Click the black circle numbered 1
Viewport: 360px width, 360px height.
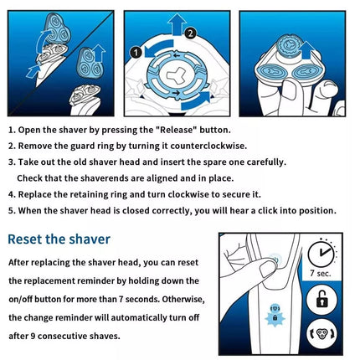136,53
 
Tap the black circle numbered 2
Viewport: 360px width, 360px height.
190,33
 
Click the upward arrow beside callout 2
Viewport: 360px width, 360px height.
177,24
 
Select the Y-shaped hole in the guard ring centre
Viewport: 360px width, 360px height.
176,76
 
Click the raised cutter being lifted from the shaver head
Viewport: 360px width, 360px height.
291,45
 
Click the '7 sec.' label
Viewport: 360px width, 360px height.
321,273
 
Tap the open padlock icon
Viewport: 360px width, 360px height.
321,299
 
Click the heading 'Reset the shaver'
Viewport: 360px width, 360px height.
59,239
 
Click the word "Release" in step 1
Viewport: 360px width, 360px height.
174,130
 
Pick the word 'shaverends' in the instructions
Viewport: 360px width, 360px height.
104,178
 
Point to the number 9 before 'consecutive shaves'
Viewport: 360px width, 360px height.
33,336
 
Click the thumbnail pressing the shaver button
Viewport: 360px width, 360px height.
267,269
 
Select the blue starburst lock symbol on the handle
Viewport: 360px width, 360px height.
275,317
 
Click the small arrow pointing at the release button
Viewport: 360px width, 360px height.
33,71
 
